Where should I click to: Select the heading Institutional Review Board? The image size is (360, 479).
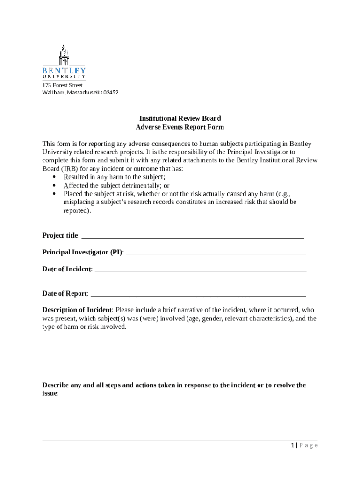(x=180, y=118)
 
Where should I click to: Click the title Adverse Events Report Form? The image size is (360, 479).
(x=180, y=127)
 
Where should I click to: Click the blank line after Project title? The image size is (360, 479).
(x=193, y=236)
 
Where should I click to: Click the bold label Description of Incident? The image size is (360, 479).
(x=77, y=310)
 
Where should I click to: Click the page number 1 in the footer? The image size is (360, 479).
(x=292, y=445)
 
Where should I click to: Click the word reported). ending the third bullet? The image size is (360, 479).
(x=78, y=210)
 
